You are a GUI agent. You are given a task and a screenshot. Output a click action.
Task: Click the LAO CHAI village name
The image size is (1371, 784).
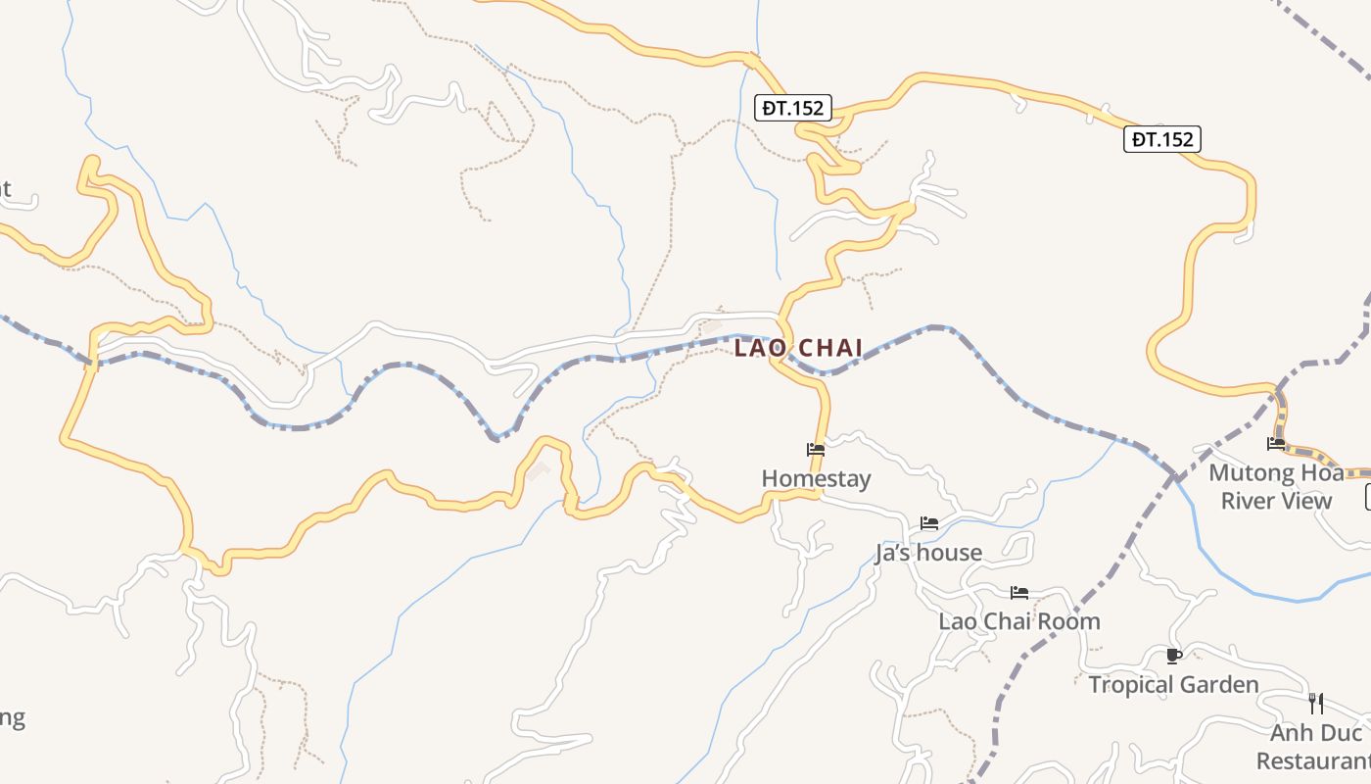point(798,348)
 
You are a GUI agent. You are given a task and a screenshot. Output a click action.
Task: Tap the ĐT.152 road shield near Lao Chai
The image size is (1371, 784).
point(793,108)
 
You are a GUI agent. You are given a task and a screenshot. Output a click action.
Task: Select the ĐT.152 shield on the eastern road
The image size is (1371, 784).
point(1161,139)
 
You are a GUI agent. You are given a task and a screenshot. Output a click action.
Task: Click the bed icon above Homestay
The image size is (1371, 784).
point(816,450)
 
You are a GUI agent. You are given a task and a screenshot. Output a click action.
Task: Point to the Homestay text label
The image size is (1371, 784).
point(816,478)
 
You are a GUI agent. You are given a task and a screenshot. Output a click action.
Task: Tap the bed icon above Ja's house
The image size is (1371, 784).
point(929,523)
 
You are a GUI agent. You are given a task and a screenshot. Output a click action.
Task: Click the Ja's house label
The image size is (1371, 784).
point(928,553)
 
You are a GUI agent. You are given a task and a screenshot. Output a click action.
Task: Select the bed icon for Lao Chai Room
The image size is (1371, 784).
point(1019,592)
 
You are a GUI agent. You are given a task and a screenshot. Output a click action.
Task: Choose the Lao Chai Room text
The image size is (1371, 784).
point(1019,621)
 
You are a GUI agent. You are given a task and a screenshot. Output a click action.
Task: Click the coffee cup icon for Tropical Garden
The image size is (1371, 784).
point(1174,656)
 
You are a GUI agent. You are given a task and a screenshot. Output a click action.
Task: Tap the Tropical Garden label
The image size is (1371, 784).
point(1173,684)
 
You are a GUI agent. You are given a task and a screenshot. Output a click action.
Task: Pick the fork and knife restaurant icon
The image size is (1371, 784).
point(1316,703)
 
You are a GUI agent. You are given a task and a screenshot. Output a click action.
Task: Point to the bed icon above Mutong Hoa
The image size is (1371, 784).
point(1276,444)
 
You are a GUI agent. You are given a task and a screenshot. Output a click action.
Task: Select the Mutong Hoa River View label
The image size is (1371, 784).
point(1276,487)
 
